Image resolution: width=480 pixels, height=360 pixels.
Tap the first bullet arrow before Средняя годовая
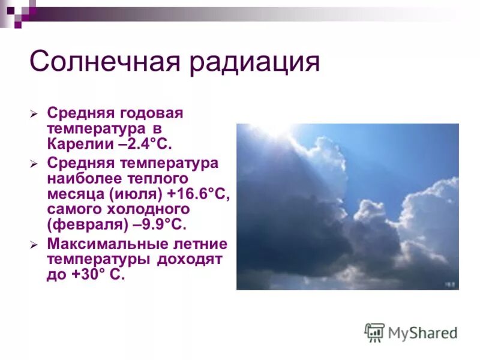35,113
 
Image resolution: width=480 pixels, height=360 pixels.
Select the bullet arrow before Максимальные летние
35,245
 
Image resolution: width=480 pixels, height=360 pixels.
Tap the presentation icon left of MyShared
374,332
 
